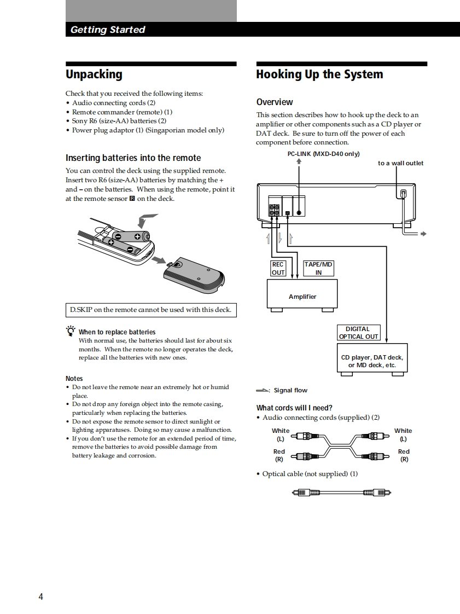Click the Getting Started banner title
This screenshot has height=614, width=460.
pos(108,30)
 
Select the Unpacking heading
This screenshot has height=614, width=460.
pos(94,74)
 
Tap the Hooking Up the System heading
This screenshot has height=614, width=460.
pos(319,74)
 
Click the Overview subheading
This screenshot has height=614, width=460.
pos(275,102)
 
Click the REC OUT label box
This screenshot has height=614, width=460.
pos(278,268)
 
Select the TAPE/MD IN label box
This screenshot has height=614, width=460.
pos(318,268)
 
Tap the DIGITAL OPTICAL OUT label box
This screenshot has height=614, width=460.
pos(358,333)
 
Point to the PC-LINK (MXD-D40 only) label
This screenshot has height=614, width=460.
pos(323,154)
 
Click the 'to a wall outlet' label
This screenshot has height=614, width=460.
pos(400,163)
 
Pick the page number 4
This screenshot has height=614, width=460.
pos(40,596)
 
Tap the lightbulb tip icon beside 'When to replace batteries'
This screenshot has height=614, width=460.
pos(70,331)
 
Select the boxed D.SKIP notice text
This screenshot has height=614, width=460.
pos(150,310)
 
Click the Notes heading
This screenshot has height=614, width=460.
pos(74,378)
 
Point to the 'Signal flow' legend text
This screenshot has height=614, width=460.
pos(290,390)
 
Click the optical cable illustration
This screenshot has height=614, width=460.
pos(341,493)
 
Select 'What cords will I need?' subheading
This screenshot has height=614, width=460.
pos(294,408)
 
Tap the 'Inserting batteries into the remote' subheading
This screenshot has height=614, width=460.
pos(133,158)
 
